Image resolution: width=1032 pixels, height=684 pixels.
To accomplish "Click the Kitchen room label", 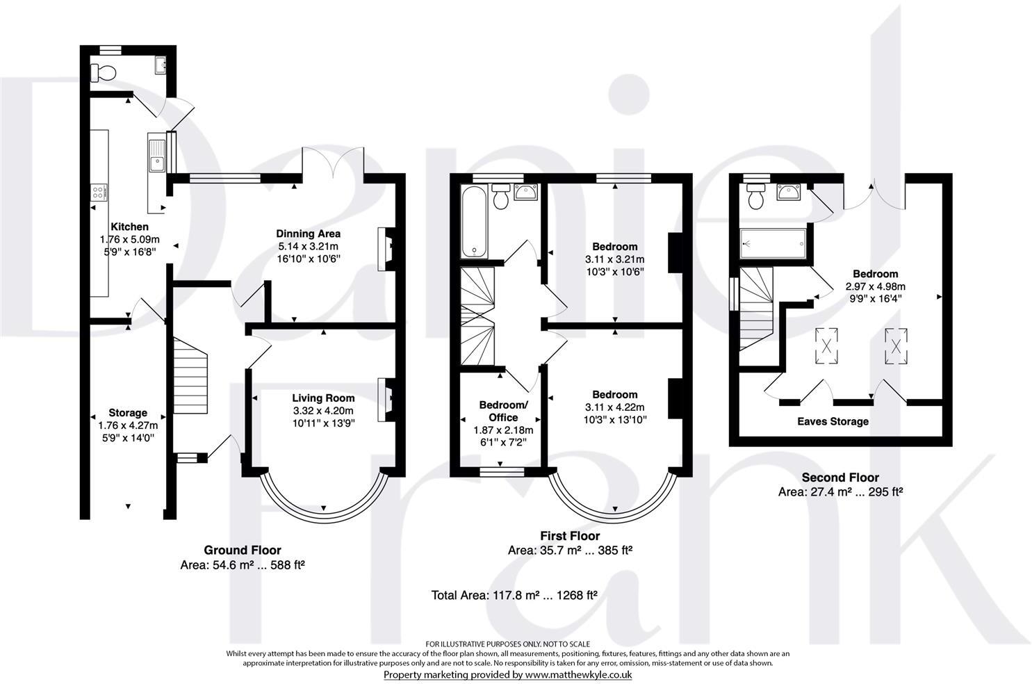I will (x=129, y=227).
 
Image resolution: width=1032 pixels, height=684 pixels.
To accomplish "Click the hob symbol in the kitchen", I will (x=99, y=193).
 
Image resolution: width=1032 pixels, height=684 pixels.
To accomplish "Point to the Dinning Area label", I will (x=309, y=234).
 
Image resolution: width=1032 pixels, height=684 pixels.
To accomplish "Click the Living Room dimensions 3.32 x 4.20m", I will (x=323, y=410).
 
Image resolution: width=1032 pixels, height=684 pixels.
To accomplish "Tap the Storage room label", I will (x=128, y=413).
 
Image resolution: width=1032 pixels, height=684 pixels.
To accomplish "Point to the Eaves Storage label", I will (x=833, y=421).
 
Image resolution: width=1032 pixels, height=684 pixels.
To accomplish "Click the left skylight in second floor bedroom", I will (x=828, y=345).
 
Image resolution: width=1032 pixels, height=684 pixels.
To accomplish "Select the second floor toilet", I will (x=755, y=197).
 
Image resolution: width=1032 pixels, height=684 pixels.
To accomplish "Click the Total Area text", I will (x=514, y=595).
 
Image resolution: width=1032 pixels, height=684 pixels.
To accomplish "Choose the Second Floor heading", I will (x=839, y=478).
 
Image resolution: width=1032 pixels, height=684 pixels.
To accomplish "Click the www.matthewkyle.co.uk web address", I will (x=578, y=674).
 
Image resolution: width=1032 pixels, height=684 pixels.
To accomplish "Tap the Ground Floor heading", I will (x=242, y=550).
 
